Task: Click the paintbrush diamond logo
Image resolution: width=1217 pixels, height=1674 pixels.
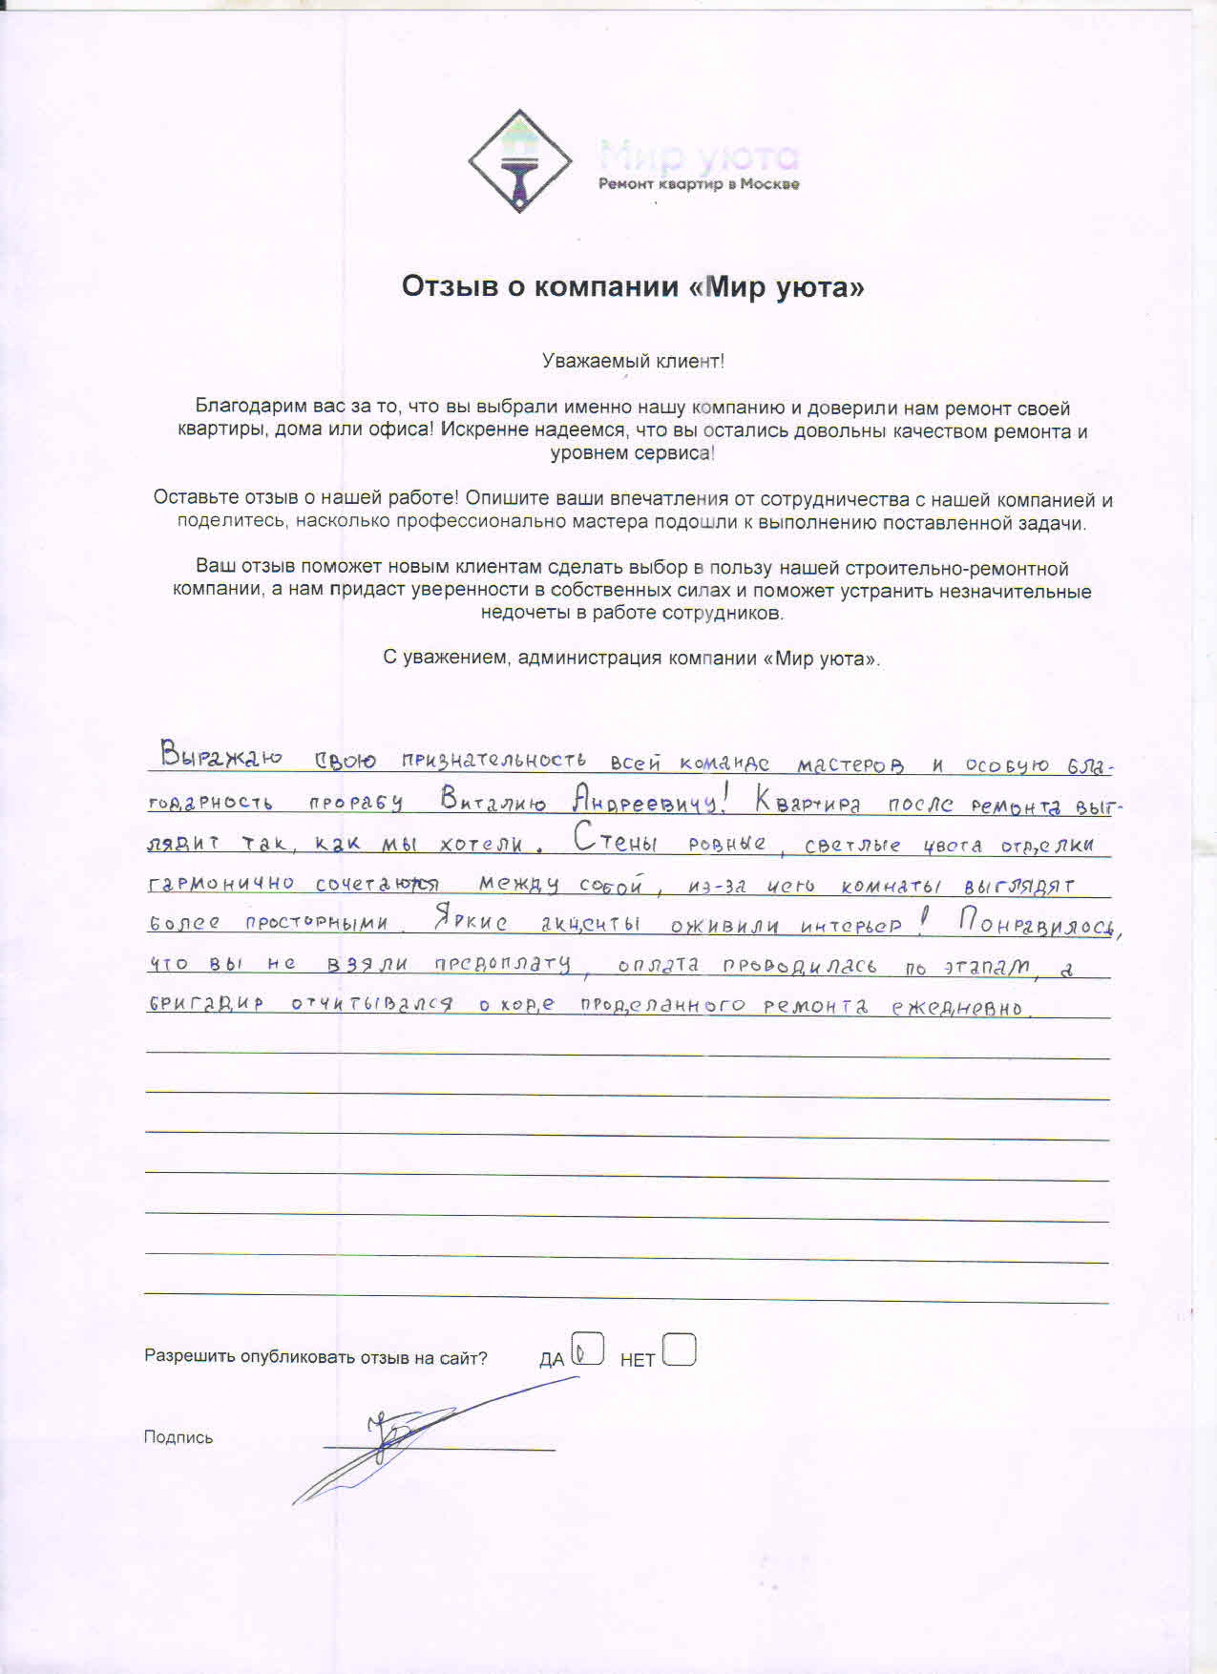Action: point(519,160)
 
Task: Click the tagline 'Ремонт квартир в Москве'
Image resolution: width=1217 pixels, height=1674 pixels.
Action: point(699,184)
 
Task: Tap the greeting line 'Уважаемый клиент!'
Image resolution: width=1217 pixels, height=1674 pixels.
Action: point(633,362)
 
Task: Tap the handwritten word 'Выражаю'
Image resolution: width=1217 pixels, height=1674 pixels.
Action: point(221,757)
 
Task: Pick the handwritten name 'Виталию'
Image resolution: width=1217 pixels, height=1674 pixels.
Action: point(493,801)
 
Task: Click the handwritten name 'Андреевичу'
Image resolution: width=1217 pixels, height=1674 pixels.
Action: point(646,801)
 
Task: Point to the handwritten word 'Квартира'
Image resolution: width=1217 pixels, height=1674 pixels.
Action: point(808,802)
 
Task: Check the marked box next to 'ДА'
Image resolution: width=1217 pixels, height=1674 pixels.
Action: point(587,1350)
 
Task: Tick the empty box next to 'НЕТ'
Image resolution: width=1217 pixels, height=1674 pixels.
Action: point(679,1350)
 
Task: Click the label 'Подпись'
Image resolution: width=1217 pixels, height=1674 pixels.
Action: point(178,1437)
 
